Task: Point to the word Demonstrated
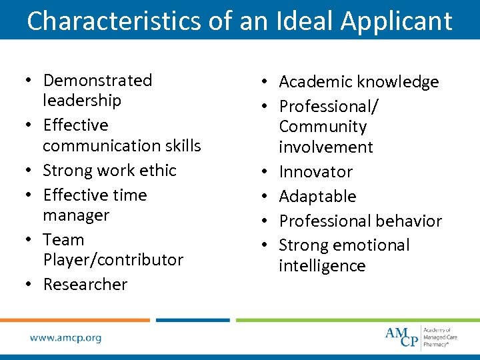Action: pos(97,81)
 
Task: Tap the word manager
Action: pos(76,215)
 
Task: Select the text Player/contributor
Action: pos(113,260)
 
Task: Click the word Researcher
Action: pos(85,285)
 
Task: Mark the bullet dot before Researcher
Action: pos(30,285)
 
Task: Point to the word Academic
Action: pos(316,82)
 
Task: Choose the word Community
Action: pos(323,127)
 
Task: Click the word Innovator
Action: pos(316,172)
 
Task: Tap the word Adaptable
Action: pos(317,197)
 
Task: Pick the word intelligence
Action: pos(322,266)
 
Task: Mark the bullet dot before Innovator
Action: pos(266,172)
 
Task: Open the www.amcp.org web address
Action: pos(65,337)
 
